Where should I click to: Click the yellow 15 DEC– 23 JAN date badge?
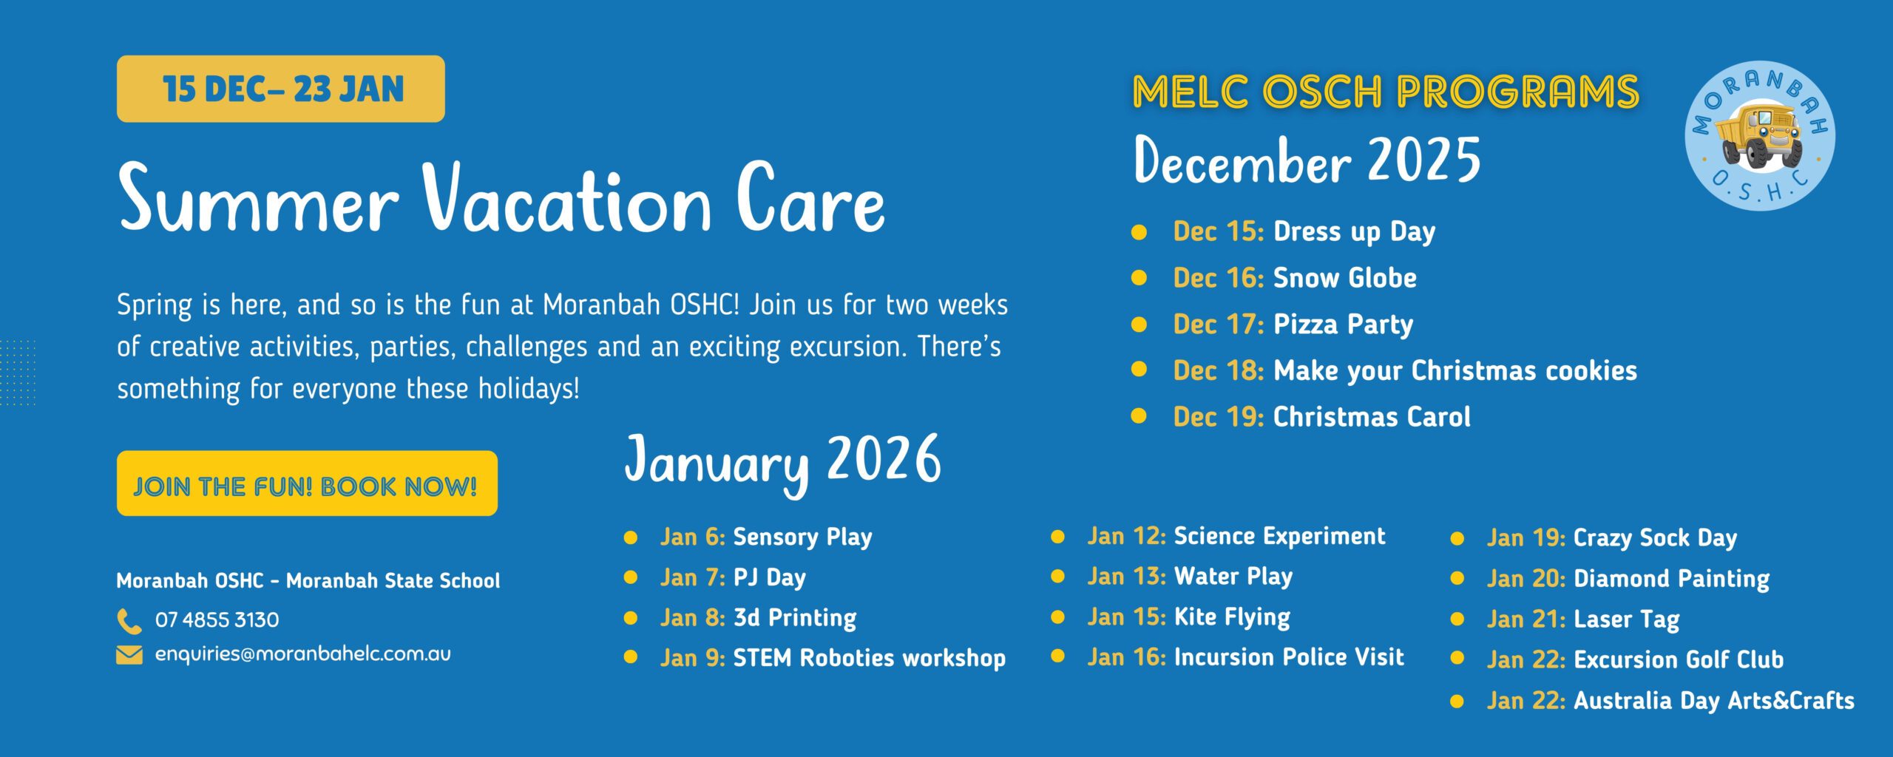[x=281, y=89]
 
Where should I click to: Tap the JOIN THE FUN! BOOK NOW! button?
[x=307, y=483]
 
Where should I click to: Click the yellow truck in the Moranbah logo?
[x=1758, y=135]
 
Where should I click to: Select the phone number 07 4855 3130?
[x=217, y=619]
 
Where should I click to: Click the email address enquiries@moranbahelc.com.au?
[x=302, y=654]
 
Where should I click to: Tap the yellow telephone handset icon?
[x=129, y=621]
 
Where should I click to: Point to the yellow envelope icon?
[x=129, y=655]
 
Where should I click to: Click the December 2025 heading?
[x=1307, y=160]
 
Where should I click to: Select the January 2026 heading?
[x=783, y=463]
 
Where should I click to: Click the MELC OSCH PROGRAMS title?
[x=1386, y=92]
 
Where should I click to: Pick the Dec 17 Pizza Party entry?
[x=1293, y=325]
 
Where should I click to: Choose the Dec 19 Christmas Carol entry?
[x=1321, y=417]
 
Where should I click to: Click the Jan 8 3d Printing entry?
[x=758, y=618]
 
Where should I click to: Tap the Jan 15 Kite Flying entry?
[x=1188, y=617]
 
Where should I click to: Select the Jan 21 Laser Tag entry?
[x=1583, y=619]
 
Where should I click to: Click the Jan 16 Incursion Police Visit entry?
[x=1245, y=657]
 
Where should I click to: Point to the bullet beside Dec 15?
[x=1139, y=232]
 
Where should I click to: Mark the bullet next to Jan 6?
[x=631, y=537]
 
